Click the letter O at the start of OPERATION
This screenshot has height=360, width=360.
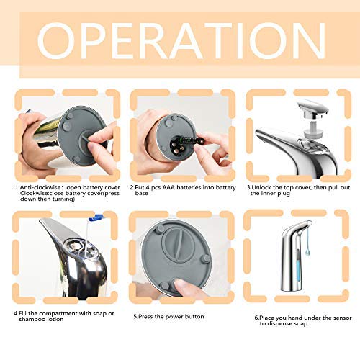[x=56, y=41]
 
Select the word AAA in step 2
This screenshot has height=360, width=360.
[x=168, y=187]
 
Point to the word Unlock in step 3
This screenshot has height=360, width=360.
[x=261, y=187]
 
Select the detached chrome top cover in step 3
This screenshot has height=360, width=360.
[x=312, y=109]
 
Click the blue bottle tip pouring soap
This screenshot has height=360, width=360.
[x=96, y=217]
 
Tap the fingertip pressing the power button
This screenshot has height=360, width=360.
[x=181, y=287]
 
